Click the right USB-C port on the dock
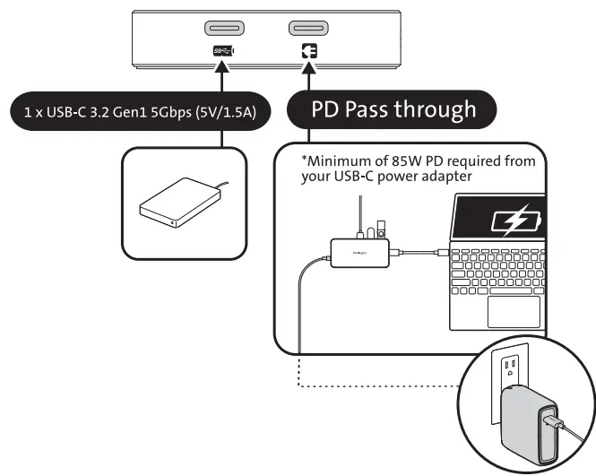(308, 29)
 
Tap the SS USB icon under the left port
(223, 52)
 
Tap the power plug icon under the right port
(309, 53)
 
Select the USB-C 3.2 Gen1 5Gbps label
(134, 114)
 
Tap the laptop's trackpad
(514, 311)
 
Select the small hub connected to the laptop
(358, 253)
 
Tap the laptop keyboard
(498, 269)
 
